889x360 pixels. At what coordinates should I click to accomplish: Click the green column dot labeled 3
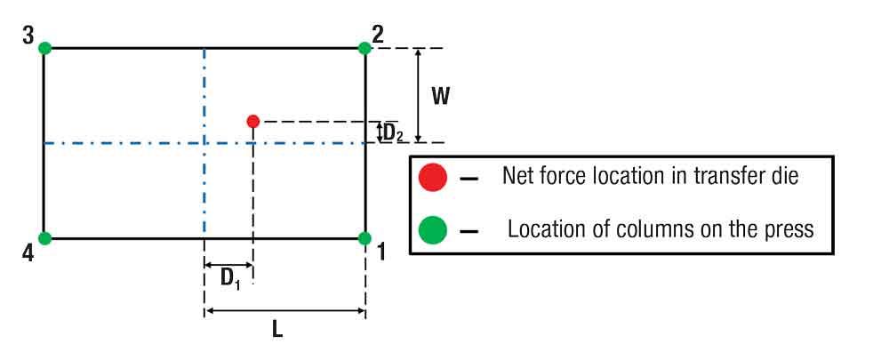pyautogui.click(x=44, y=48)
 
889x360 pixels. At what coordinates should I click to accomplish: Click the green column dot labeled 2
pyautogui.click(x=364, y=48)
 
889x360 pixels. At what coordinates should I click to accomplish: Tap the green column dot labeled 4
pyautogui.click(x=44, y=238)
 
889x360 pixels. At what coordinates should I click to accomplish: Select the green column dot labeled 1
pyautogui.click(x=364, y=238)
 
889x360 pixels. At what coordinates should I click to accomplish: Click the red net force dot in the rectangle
pyautogui.click(x=253, y=121)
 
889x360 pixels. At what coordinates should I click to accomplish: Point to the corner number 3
pyautogui.click(x=28, y=36)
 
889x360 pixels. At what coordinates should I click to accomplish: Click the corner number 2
pyautogui.click(x=379, y=36)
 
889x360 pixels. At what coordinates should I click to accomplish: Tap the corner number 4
pyautogui.click(x=28, y=252)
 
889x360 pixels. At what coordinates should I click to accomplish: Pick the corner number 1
pyautogui.click(x=381, y=252)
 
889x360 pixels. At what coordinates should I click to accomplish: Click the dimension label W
pyautogui.click(x=440, y=96)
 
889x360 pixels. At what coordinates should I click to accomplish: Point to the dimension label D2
pyautogui.click(x=394, y=134)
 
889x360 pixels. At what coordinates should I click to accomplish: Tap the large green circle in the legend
pyautogui.click(x=432, y=230)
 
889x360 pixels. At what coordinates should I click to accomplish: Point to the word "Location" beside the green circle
pyautogui.click(x=544, y=229)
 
